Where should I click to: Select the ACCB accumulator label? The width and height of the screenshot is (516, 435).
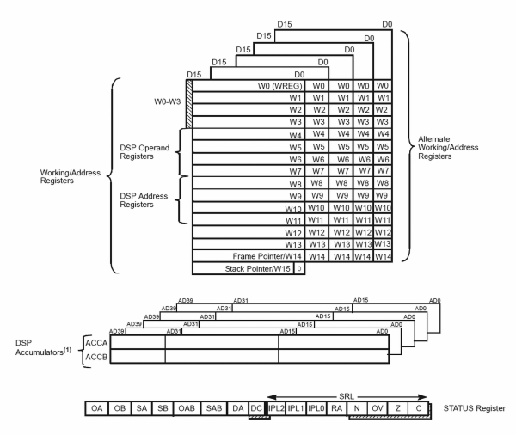95,354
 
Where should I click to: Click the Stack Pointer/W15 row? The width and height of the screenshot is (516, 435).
258,269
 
